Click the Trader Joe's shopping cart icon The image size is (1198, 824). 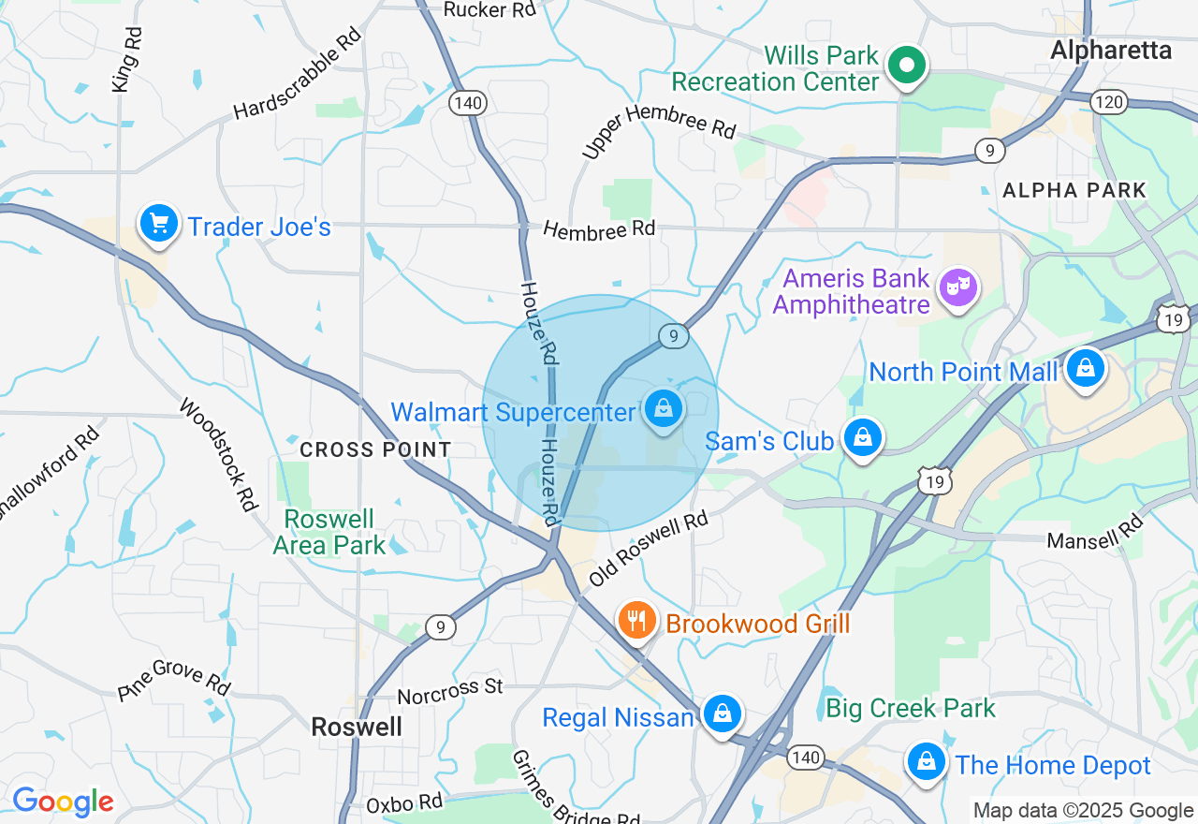(159, 224)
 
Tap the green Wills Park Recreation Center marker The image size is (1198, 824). (906, 66)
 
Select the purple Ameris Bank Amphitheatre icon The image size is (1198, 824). (958, 287)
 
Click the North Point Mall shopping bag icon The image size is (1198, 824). (1085, 368)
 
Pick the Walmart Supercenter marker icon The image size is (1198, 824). (664, 409)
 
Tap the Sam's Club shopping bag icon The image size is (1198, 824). (862, 437)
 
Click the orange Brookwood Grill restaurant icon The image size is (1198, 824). (636, 620)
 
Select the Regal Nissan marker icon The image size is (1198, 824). (722, 714)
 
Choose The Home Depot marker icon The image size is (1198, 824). (926, 762)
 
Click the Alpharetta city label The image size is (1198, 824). (1111, 51)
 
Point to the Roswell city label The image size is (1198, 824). (357, 727)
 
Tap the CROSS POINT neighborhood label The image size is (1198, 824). (375, 450)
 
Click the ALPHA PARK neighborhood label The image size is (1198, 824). (1074, 191)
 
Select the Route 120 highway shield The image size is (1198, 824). (1110, 102)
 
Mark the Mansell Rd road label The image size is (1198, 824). (1095, 534)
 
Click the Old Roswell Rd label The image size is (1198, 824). (648, 551)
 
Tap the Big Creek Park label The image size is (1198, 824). (910, 708)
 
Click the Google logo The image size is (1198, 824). (63, 802)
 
